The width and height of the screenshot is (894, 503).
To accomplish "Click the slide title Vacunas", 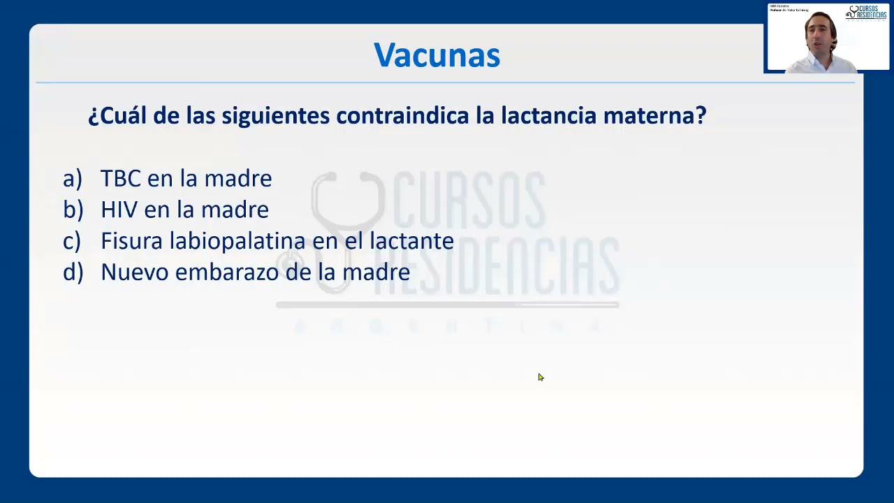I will click(x=437, y=55).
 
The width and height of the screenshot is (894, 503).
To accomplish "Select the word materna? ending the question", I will click(x=654, y=115).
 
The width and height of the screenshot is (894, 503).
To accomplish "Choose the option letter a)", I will click(x=73, y=179).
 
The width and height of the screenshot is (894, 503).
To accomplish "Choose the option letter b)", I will click(x=73, y=210).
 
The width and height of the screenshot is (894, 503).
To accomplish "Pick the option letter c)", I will click(x=72, y=241).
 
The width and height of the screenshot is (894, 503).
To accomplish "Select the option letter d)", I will click(x=73, y=272).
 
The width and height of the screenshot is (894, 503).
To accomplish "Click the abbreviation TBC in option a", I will click(x=120, y=179).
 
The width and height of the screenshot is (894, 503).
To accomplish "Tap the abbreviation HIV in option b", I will click(x=119, y=210).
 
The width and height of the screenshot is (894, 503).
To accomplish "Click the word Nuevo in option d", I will click(x=134, y=272).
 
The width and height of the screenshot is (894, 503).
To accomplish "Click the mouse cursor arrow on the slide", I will click(x=541, y=377).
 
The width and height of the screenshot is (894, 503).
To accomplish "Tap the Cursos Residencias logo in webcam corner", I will click(x=867, y=13).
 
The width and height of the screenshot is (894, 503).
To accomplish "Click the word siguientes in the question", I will click(x=276, y=115).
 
